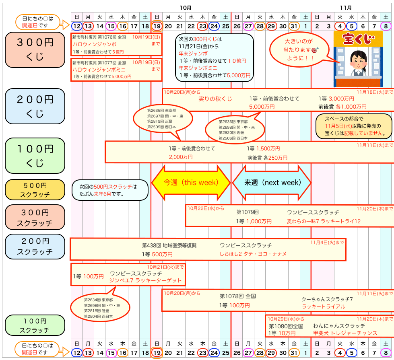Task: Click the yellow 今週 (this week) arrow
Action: [191, 182]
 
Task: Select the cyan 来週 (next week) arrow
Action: [272, 182]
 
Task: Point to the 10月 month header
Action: [186, 7]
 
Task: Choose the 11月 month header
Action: [346, 7]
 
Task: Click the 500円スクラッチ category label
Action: [35, 190]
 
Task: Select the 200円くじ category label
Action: [35, 106]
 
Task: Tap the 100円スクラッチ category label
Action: [35, 325]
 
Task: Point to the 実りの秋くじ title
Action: [215, 99]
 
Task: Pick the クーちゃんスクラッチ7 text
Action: [327, 299]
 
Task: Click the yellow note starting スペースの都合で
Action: [353, 126]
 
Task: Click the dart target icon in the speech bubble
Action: [315, 50]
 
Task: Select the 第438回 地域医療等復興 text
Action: [169, 245]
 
